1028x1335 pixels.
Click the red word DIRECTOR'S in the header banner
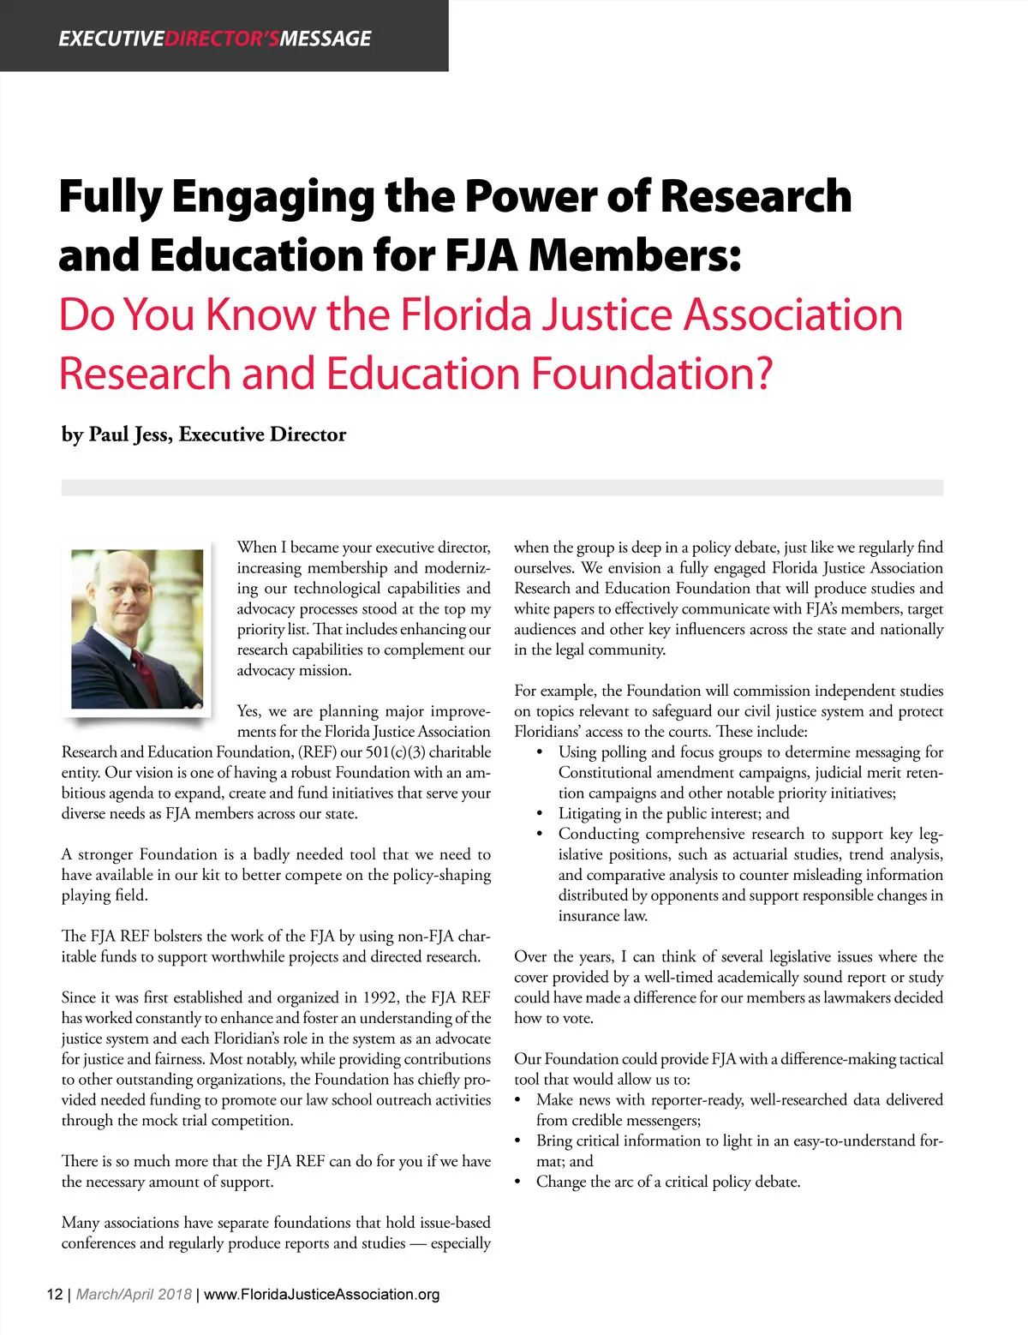pyautogui.click(x=222, y=39)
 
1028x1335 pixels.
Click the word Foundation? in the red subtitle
pyautogui.click(x=652, y=374)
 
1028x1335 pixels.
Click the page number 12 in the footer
pyautogui.click(x=54, y=1294)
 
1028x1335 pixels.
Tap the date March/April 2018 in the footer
pyautogui.click(x=134, y=1294)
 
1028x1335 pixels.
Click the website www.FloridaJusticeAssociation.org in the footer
pyautogui.click(x=322, y=1294)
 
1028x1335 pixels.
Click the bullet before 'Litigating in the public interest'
pyautogui.click(x=539, y=814)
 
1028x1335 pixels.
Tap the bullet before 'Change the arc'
pyautogui.click(x=517, y=1182)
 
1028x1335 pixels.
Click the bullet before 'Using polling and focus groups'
pyautogui.click(x=539, y=752)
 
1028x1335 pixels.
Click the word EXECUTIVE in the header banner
pyautogui.click(x=111, y=39)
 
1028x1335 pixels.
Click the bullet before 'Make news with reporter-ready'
pyautogui.click(x=517, y=1100)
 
